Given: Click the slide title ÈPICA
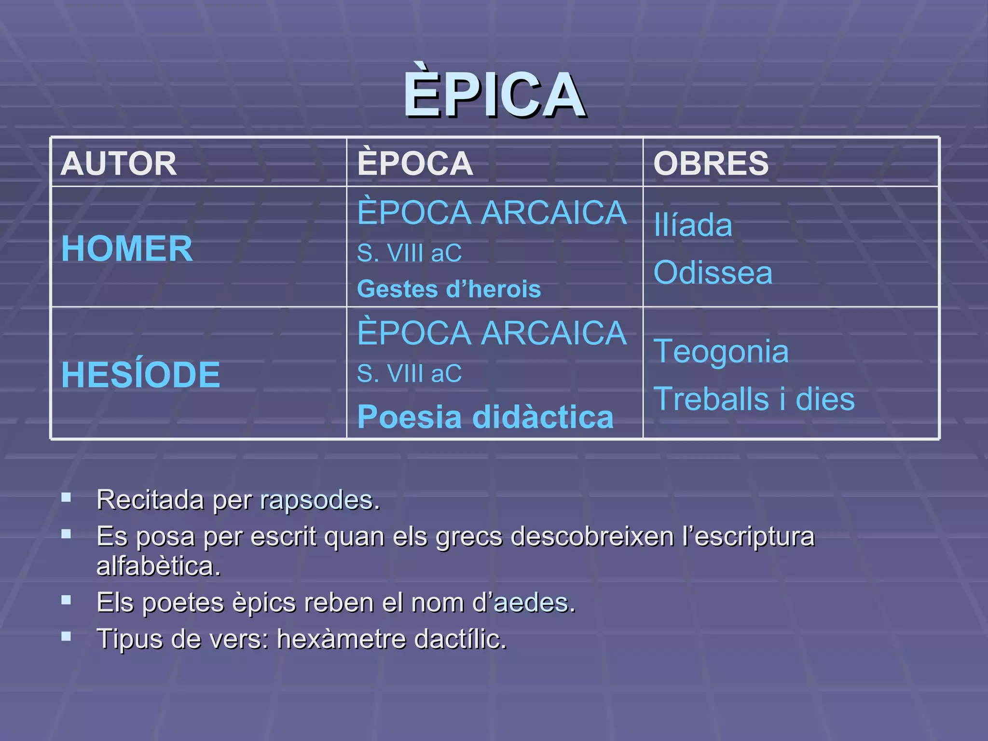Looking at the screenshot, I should point(494,94).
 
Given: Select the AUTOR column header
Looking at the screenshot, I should point(119,164).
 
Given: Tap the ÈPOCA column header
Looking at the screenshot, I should point(415,164).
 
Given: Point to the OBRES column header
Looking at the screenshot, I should point(711,164).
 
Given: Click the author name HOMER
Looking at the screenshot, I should point(127,249).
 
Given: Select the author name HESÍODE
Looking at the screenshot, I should point(140,375).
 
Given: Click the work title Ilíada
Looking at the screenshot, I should point(693,225).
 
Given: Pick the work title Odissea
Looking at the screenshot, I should point(713,273).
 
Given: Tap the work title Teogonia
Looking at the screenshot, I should point(721,351).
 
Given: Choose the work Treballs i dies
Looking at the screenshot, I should point(754,399).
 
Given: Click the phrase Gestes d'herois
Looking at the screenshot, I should point(449,289).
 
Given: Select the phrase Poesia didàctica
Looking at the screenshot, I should point(485,417).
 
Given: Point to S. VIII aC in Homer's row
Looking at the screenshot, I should point(409,253).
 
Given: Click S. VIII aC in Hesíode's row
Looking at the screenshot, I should point(409,374).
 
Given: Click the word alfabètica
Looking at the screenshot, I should point(158,566).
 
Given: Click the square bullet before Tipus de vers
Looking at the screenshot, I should point(66,637).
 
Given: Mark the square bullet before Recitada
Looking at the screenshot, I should point(66,497).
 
